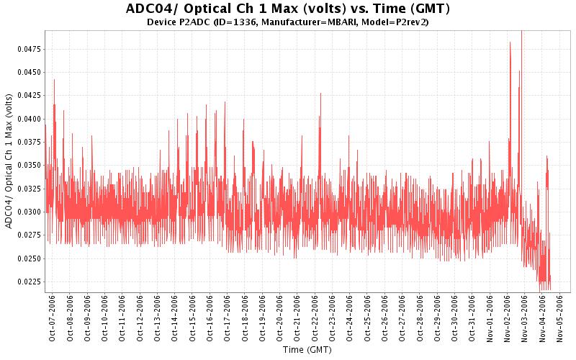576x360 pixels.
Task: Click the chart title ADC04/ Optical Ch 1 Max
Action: point(287,9)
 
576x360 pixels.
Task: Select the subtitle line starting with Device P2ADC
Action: point(288,22)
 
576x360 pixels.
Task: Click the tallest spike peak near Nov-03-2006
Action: point(521,32)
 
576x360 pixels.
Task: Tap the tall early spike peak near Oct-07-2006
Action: point(54,80)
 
